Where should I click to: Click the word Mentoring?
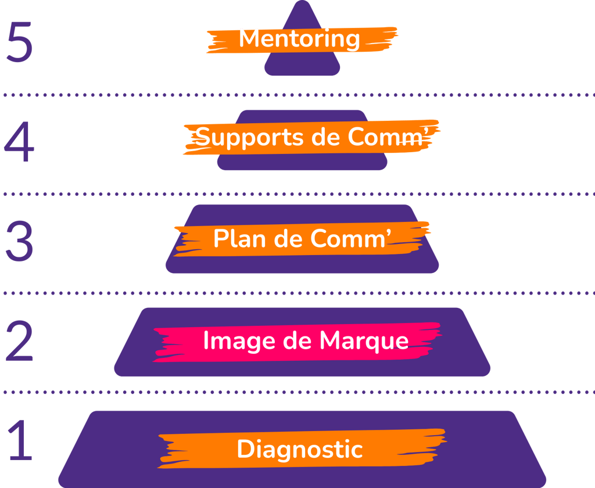coord(299,40)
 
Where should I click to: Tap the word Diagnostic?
coord(300,450)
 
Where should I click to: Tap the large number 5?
coord(19,42)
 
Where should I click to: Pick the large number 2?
coord(19,341)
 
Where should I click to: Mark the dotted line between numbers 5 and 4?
coord(297,95)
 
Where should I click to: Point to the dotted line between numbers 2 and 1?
coord(297,392)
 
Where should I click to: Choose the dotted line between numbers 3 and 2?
coord(297,293)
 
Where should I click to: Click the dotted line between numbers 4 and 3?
coord(297,193)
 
